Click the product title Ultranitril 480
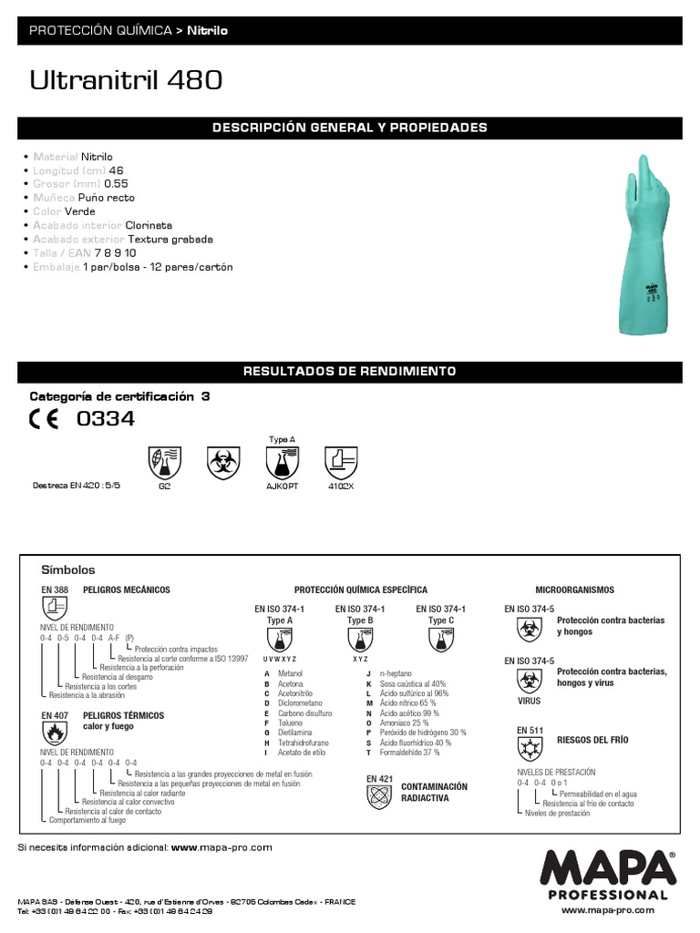point(126,83)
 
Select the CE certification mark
point(46,419)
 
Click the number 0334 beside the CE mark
point(106,419)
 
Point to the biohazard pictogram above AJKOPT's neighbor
point(222,463)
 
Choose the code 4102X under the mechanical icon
point(341,487)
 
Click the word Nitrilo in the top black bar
point(208,31)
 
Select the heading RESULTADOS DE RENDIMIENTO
point(350,372)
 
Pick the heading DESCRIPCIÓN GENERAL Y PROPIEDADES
point(350,128)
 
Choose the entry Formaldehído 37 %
point(409,753)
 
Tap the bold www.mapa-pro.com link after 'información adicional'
point(221,846)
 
